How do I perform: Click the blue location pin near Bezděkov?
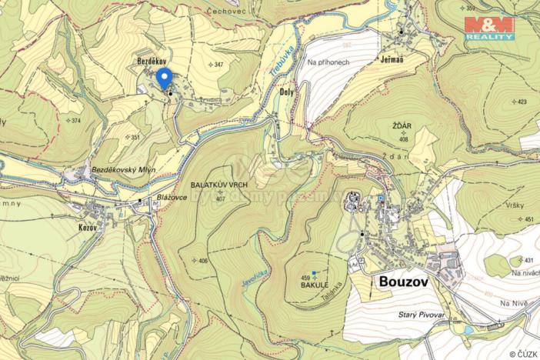coord(164,78)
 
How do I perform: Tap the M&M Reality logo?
coord(489,28)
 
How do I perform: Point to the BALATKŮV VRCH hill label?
coord(219,186)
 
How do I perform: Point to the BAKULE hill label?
coord(314,285)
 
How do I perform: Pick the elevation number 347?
coord(219,65)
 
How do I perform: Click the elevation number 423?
coord(522,102)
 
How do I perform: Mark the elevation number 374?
coord(75,121)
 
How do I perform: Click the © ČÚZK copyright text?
coord(523,354)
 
